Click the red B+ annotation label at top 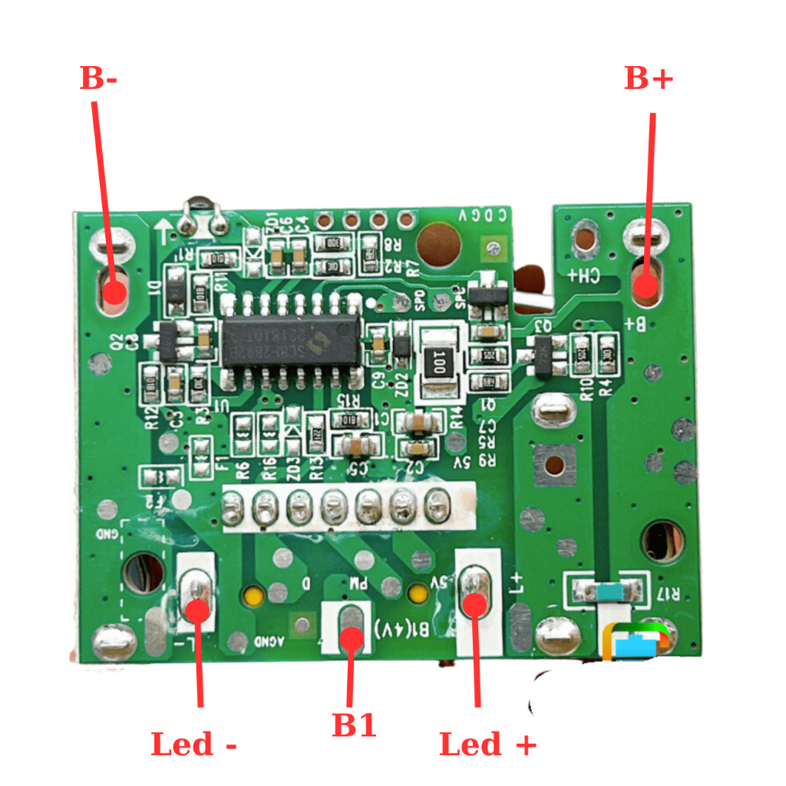click(x=649, y=78)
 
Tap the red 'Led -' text click(x=193, y=745)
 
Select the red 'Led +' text click(x=487, y=745)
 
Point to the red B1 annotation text click(x=354, y=725)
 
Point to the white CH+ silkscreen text click(x=584, y=276)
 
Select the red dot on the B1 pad click(x=352, y=639)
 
